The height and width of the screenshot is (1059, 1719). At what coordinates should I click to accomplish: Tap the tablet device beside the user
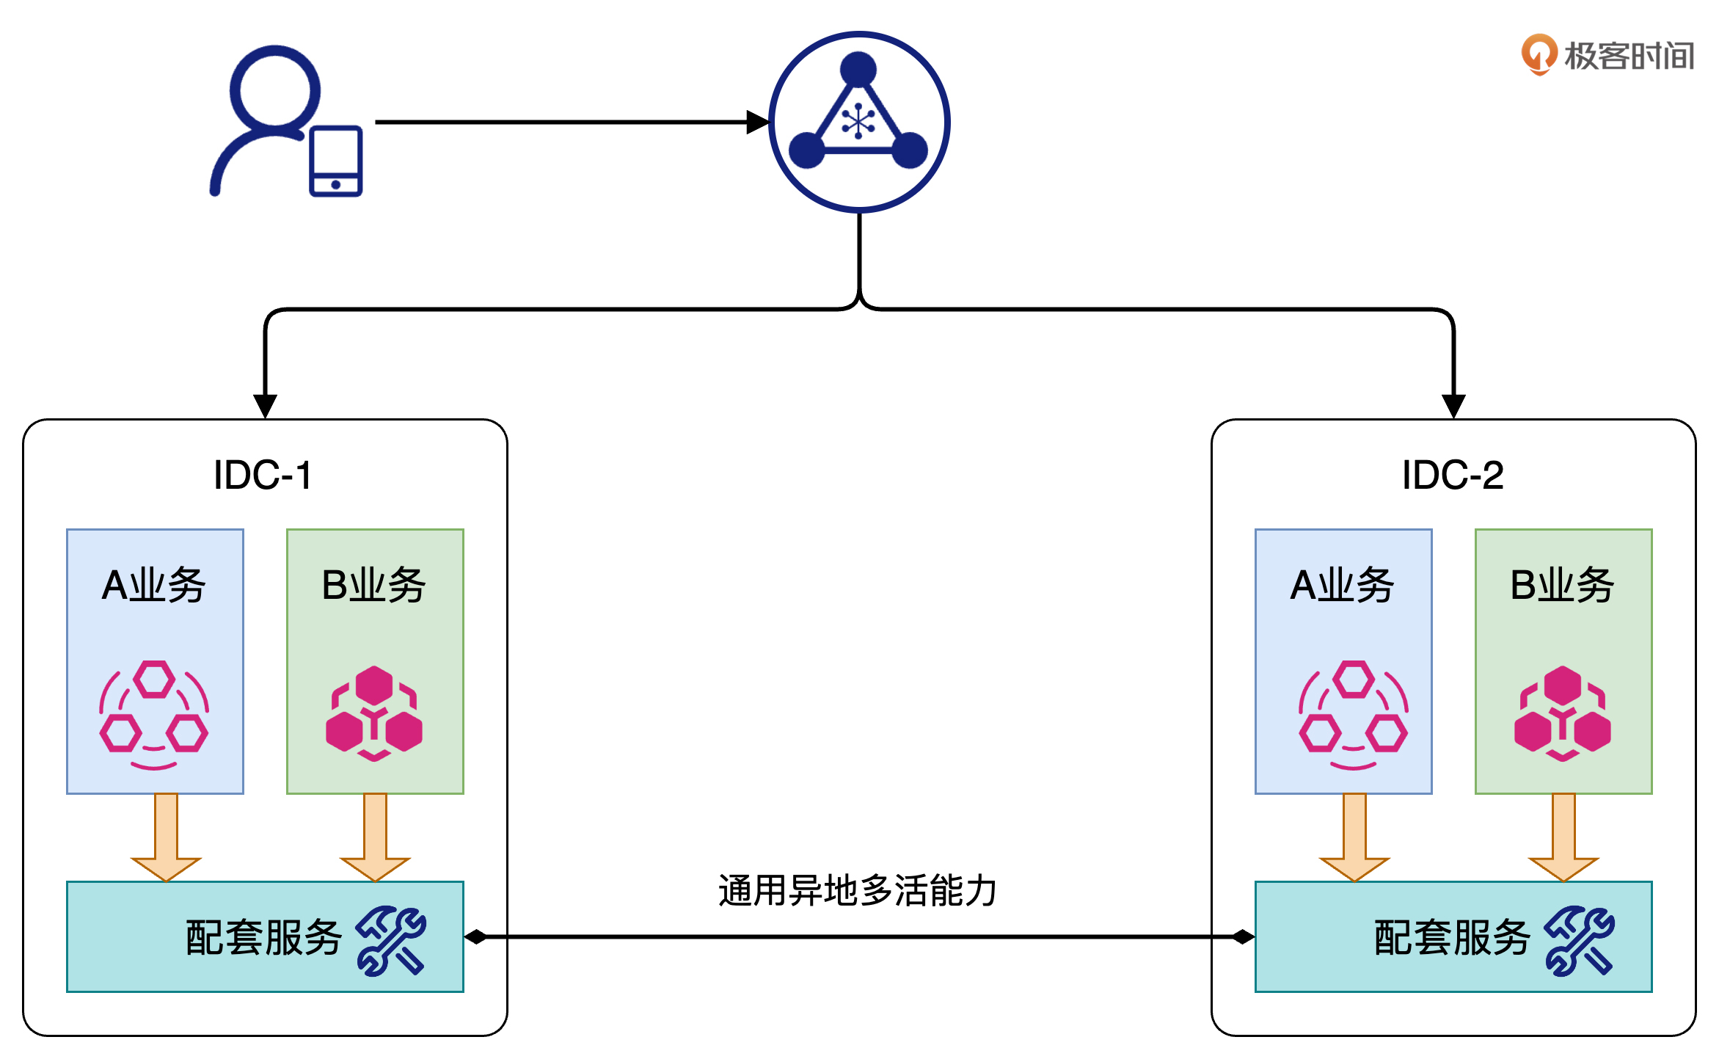pyautogui.click(x=336, y=161)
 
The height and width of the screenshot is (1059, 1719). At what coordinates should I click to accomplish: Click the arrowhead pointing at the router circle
pyautogui.click(x=758, y=122)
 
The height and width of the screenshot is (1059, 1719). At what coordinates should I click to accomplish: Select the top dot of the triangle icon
pyautogui.click(x=858, y=69)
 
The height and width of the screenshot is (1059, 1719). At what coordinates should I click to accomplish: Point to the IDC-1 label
pyautogui.click(x=263, y=475)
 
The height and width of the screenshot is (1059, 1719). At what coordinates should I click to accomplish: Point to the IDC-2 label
pyautogui.click(x=1453, y=475)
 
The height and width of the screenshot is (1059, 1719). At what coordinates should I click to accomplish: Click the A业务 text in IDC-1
pyautogui.click(x=154, y=585)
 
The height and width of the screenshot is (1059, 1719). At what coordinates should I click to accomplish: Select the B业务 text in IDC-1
pyautogui.click(x=374, y=585)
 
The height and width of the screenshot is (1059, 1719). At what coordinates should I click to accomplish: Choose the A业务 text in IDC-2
pyautogui.click(x=1343, y=585)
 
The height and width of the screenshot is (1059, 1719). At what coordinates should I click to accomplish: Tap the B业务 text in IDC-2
pyautogui.click(x=1563, y=585)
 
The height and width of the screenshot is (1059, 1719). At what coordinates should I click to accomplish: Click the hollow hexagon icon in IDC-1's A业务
pyautogui.click(x=154, y=715)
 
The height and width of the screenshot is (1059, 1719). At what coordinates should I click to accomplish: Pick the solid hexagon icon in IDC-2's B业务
pyautogui.click(x=1563, y=713)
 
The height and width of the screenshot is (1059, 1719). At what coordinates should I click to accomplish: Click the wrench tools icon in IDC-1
pyautogui.click(x=391, y=940)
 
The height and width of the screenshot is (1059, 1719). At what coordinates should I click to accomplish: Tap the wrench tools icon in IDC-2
pyautogui.click(x=1580, y=940)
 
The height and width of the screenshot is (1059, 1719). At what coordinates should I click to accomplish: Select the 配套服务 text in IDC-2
pyautogui.click(x=1451, y=938)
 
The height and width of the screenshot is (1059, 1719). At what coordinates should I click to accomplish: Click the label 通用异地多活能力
pyautogui.click(x=858, y=891)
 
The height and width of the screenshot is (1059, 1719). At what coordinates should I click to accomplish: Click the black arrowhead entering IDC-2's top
pyautogui.click(x=1453, y=405)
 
